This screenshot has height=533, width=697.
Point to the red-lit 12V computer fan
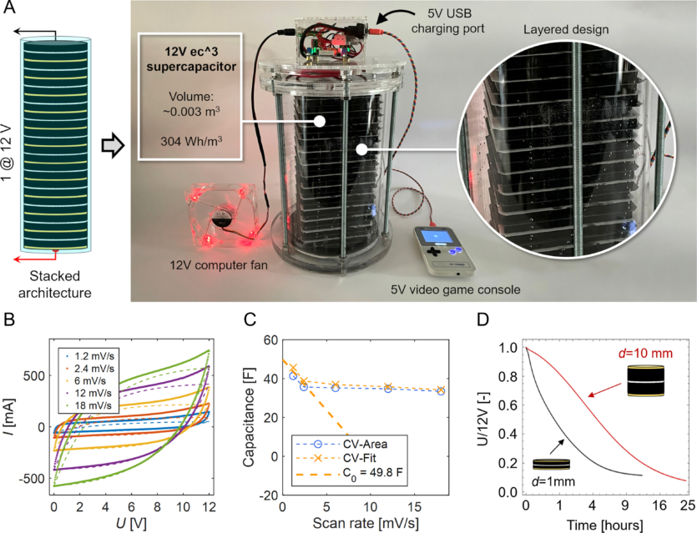pos(221,216)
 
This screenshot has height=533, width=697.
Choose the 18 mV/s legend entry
pos(92,410)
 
